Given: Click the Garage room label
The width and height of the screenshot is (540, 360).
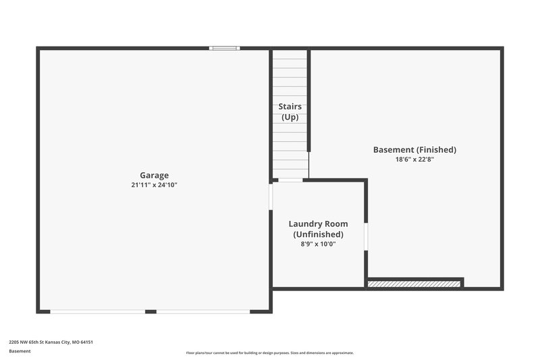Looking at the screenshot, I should click(x=154, y=175).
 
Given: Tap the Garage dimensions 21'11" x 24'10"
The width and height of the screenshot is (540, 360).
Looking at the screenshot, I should click(x=154, y=185).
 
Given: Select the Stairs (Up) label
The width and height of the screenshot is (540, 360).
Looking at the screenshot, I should click(x=290, y=111).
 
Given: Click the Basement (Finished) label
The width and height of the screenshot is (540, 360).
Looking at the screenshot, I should click(x=414, y=149).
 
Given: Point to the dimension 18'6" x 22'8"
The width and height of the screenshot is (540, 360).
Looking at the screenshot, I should click(x=414, y=160).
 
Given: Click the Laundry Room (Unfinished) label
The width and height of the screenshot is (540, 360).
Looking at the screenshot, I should click(x=318, y=229).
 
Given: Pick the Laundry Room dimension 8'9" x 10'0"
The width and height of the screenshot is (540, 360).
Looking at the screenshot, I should click(x=318, y=245).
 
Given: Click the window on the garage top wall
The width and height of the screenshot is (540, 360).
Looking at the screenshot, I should click(x=224, y=48).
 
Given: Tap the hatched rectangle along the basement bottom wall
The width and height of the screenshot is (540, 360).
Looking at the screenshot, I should click(x=414, y=283).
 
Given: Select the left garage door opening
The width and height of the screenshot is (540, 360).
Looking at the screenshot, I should click(x=98, y=311).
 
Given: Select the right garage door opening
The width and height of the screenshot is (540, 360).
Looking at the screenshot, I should click(x=203, y=311).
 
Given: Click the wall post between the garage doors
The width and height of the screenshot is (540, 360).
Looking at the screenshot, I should click(x=151, y=311).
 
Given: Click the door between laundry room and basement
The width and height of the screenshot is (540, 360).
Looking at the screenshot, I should click(x=367, y=236).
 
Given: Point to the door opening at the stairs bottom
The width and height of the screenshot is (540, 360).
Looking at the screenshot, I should click(x=290, y=180).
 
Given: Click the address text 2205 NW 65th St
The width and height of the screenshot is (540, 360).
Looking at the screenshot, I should click(x=51, y=342).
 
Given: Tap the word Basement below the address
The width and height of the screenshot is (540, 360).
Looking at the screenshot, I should click(x=20, y=351).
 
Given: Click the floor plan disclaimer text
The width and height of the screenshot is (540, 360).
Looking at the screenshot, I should click(x=269, y=353).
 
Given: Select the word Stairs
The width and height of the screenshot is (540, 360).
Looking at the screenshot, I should click(x=290, y=107).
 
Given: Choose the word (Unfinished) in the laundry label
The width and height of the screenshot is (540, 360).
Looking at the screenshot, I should click(x=318, y=234).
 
